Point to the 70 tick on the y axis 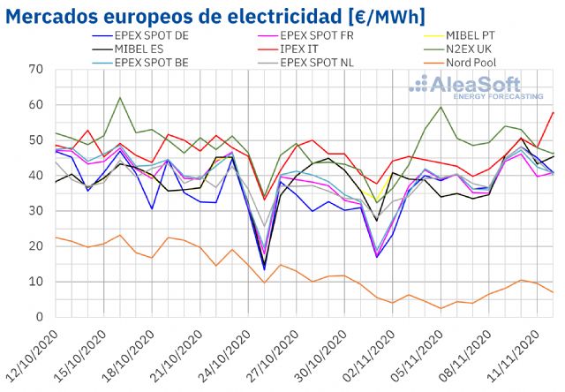click(x=35, y=70)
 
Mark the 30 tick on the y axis click(x=35, y=211)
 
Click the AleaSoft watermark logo click(x=477, y=88)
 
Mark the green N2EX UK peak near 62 click(x=119, y=98)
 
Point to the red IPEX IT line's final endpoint click(x=554, y=112)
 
